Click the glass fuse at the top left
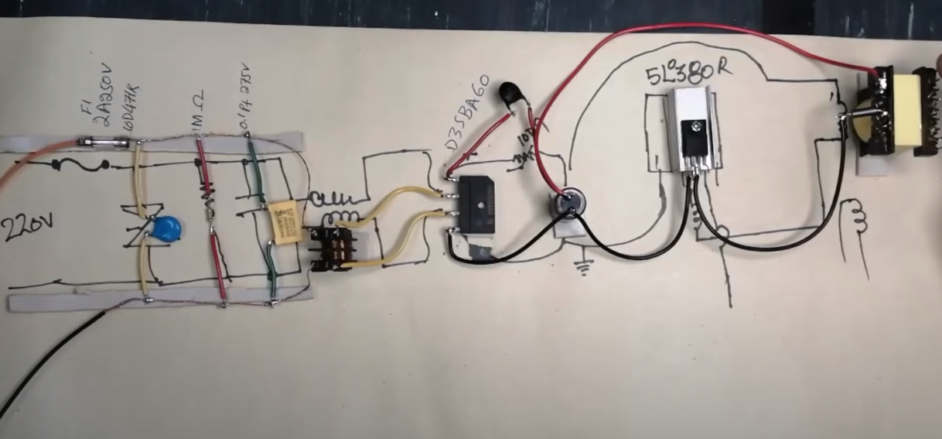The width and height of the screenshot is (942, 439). click(103, 142)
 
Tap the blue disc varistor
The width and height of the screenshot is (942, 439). click(166, 228)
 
